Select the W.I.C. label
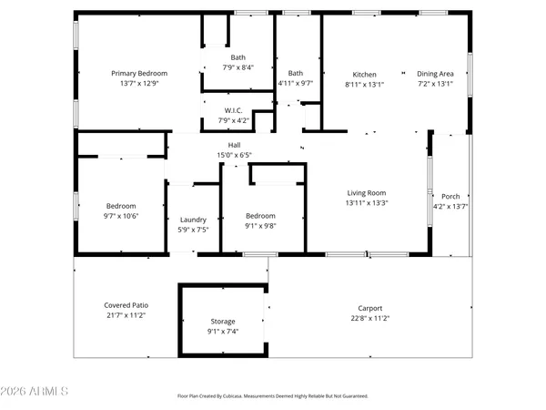point(232,111)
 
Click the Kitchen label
point(365,74)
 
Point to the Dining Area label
point(435,74)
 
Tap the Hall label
point(234,145)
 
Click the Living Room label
point(366,192)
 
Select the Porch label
point(450,197)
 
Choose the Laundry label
point(193,220)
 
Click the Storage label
point(223,322)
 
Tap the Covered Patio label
point(126,304)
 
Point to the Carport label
point(369,308)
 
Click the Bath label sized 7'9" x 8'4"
point(238,56)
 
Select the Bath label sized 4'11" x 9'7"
point(296,73)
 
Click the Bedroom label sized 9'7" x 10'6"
point(121,206)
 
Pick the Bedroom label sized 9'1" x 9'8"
point(260,215)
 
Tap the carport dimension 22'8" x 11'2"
point(369,318)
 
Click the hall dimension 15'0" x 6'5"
point(234,155)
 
